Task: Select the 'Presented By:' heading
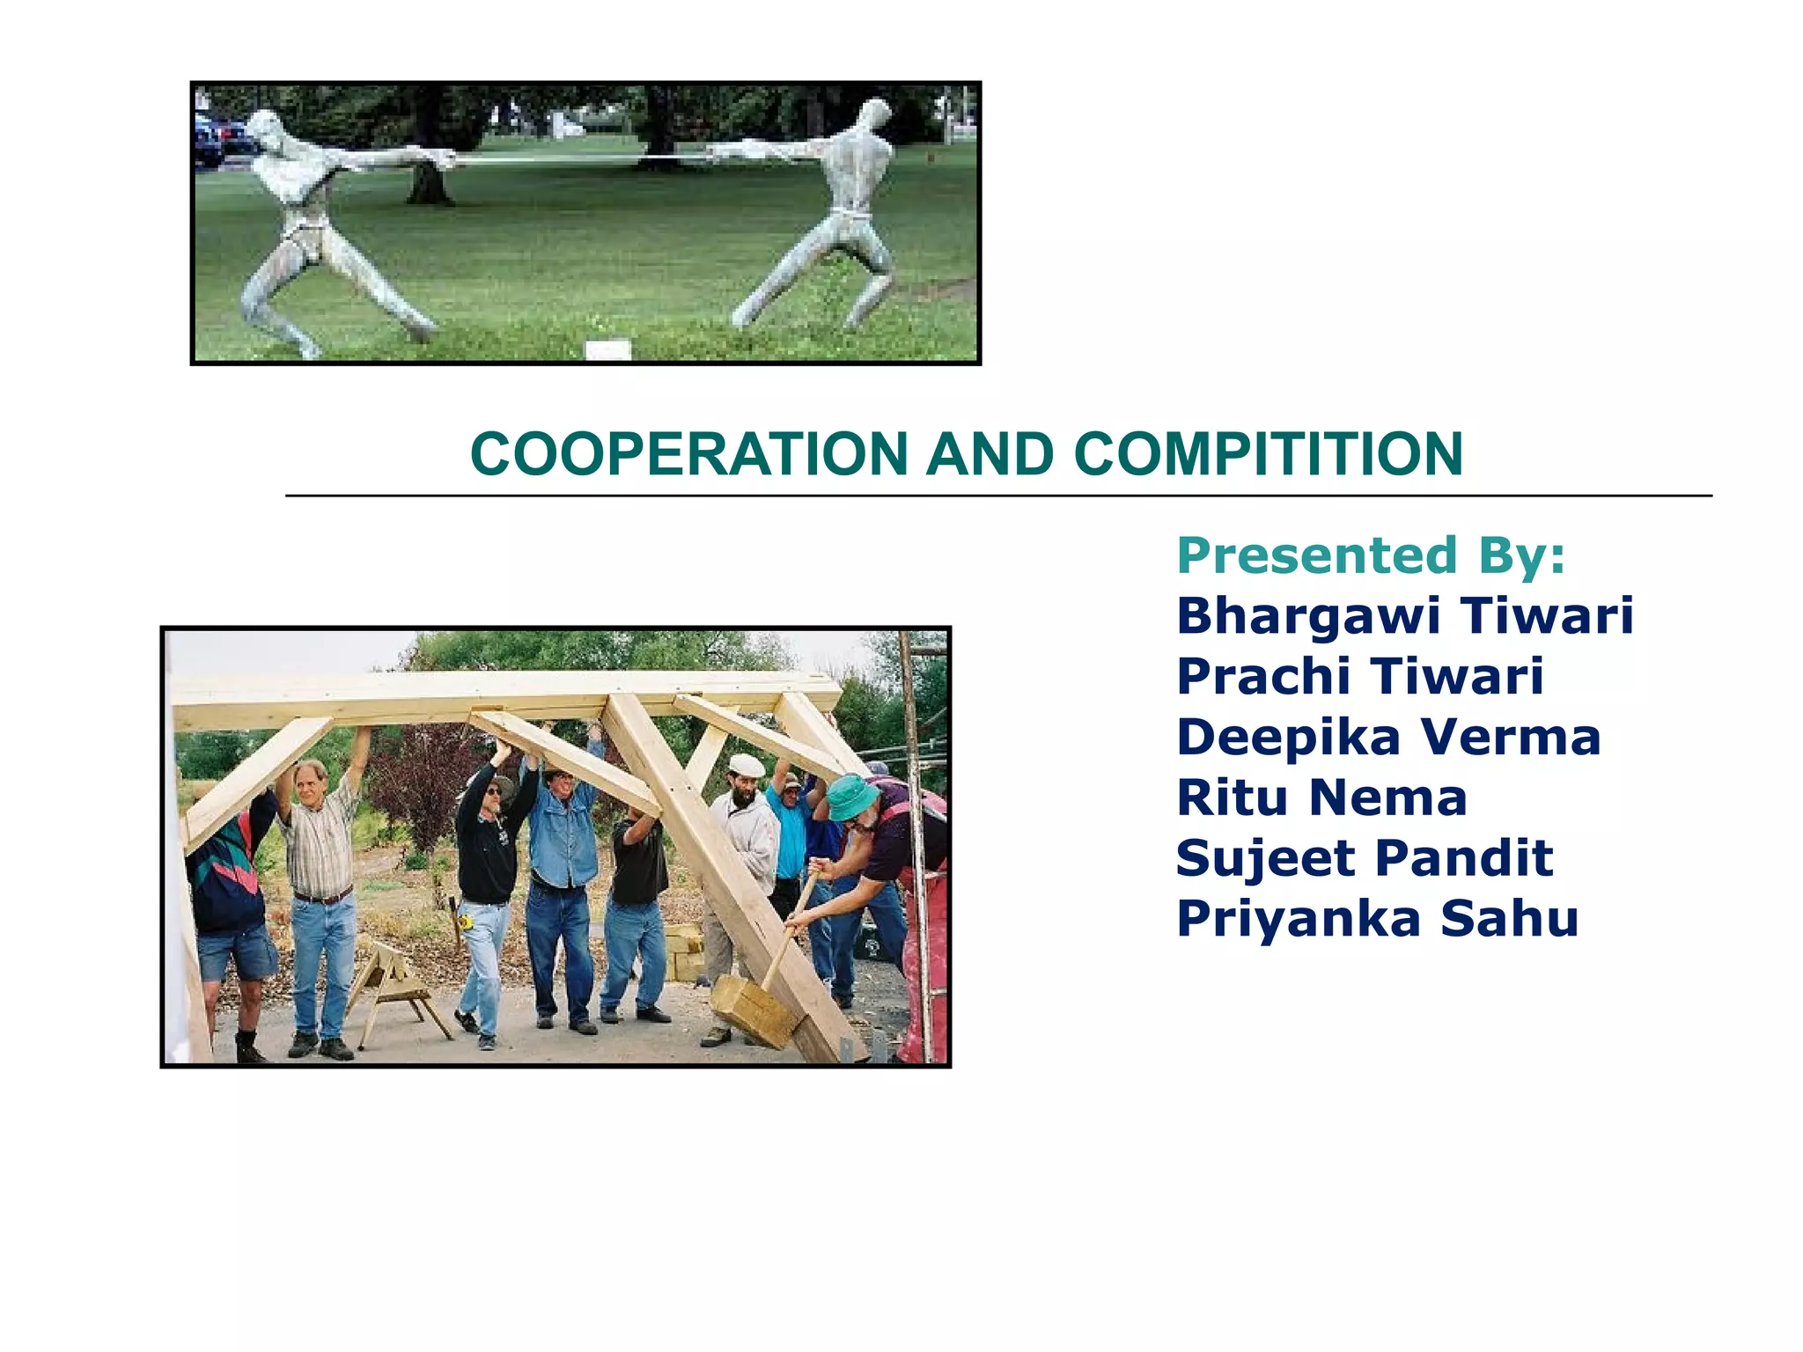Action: coord(1371,555)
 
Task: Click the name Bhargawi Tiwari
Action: coord(1404,615)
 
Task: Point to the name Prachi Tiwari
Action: coord(1359,676)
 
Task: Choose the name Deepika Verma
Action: coord(1388,737)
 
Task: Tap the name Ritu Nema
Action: coord(1321,797)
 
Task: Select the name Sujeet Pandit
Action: coord(1365,858)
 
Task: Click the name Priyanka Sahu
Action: coord(1377,919)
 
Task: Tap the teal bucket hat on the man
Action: coord(850,797)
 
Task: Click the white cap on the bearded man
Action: coord(747,764)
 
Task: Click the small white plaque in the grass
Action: coord(607,349)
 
